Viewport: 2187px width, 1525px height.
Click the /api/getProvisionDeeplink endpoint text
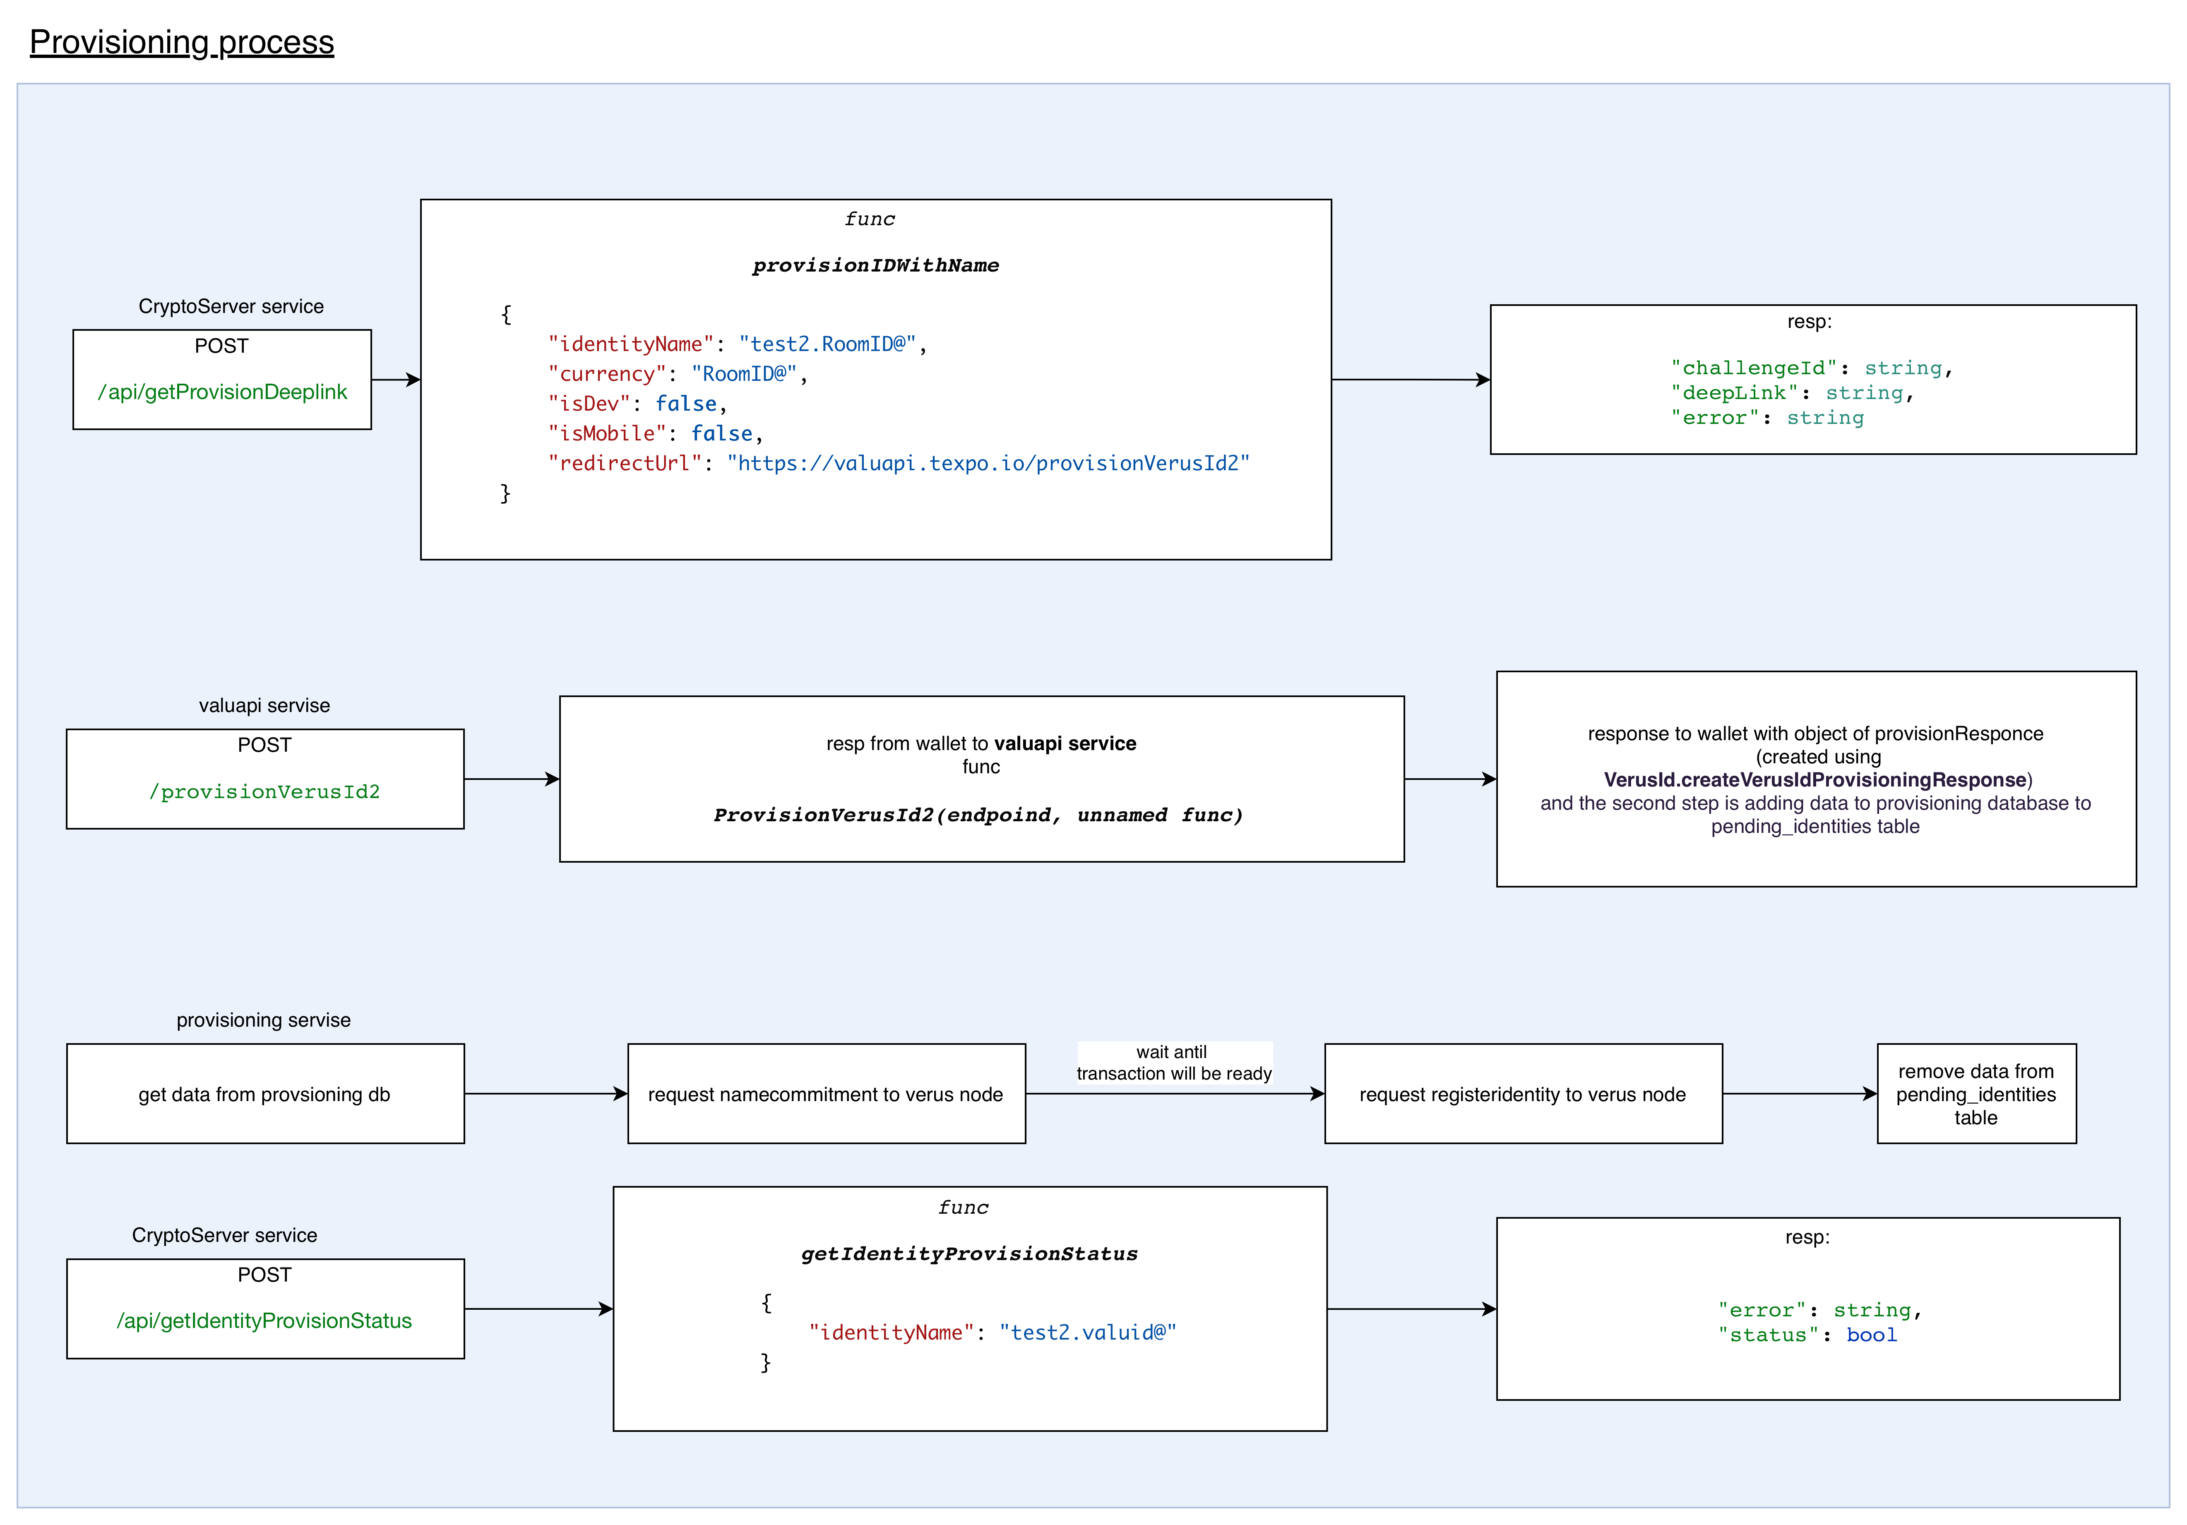(222, 392)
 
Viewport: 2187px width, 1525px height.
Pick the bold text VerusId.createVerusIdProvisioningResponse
(1814, 780)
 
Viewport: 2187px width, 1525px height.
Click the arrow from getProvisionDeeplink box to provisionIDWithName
(395, 380)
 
